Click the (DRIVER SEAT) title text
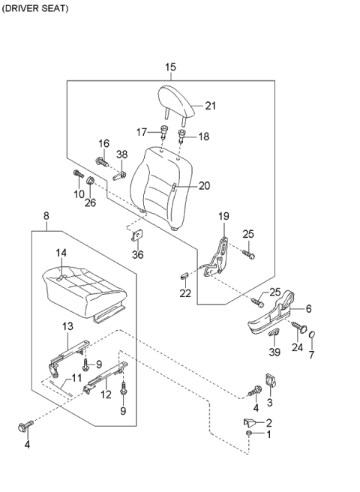click(35, 8)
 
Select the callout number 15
click(170, 67)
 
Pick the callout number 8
click(46, 217)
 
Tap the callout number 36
click(138, 254)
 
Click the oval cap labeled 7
click(313, 333)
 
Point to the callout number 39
click(274, 352)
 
